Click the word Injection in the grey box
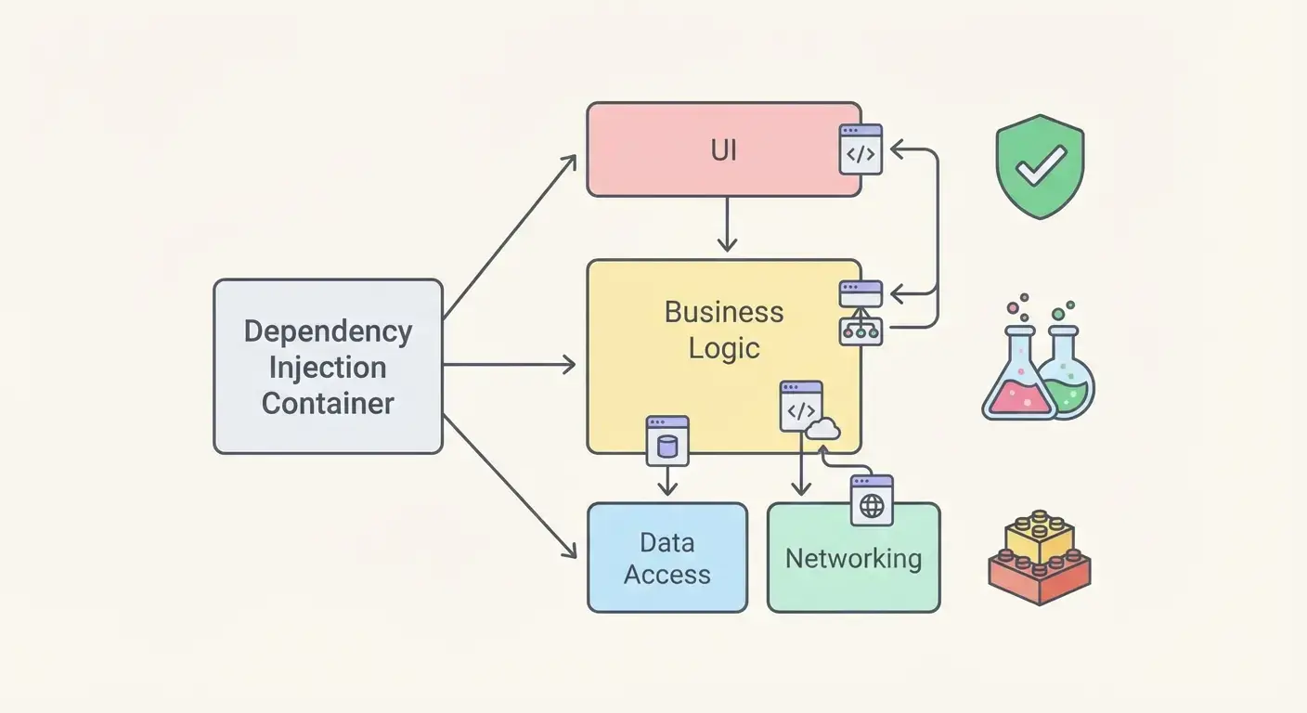(328, 368)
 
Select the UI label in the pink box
(723, 150)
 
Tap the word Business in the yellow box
(723, 312)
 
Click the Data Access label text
(666, 559)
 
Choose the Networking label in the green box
(853, 559)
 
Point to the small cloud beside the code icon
(823, 428)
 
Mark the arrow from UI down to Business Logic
(727, 225)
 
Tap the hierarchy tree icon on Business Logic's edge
(861, 331)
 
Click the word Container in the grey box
(328, 404)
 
